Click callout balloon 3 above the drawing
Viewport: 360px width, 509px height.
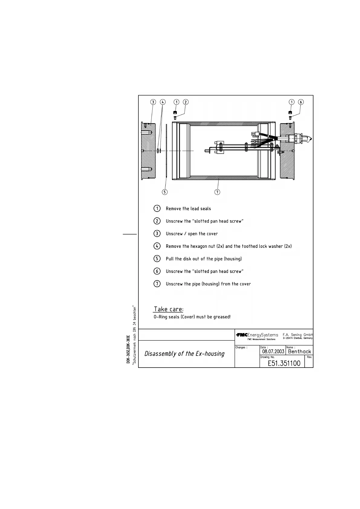coord(153,102)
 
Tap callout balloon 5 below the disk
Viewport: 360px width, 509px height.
coord(164,192)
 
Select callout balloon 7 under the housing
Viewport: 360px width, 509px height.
coord(217,192)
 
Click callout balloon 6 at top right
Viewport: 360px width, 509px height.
coord(301,102)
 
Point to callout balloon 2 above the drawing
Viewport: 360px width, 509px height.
coord(186,102)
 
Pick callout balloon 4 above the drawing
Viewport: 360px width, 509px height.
coord(163,102)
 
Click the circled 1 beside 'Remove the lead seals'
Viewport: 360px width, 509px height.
coord(157,209)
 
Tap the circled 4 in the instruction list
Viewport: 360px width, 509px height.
coord(157,246)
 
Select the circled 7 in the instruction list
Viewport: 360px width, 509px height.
coord(157,284)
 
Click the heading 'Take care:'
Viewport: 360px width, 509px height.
coord(168,309)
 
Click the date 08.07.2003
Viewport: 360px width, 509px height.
coord(273,352)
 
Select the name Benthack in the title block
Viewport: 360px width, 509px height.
coord(299,352)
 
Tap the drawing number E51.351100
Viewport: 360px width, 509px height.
coord(284,363)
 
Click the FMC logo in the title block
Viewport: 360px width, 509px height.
coord(242,335)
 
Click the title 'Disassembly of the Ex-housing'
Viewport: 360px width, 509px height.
coord(184,354)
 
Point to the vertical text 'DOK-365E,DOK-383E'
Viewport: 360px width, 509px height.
coord(128,349)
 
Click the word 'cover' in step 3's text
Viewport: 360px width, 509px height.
coord(212,234)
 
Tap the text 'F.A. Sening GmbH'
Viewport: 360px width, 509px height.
coord(298,335)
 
